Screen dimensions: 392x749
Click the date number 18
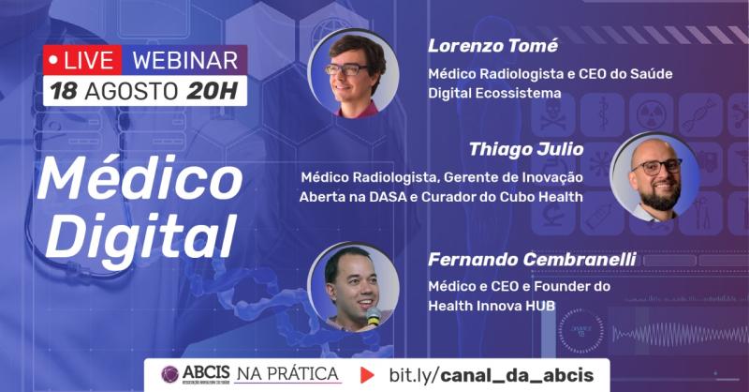pyautogui.click(x=64, y=92)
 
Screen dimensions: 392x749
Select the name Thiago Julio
pyautogui.click(x=527, y=148)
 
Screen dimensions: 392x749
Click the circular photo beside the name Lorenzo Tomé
pyautogui.click(x=355, y=73)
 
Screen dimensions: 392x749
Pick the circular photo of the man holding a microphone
pyautogui.click(x=354, y=286)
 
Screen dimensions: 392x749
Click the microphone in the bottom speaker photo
pyautogui.click(x=374, y=316)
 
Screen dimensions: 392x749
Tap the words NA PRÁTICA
pyautogui.click(x=286, y=375)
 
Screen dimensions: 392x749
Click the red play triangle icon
pyautogui.click(x=368, y=375)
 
